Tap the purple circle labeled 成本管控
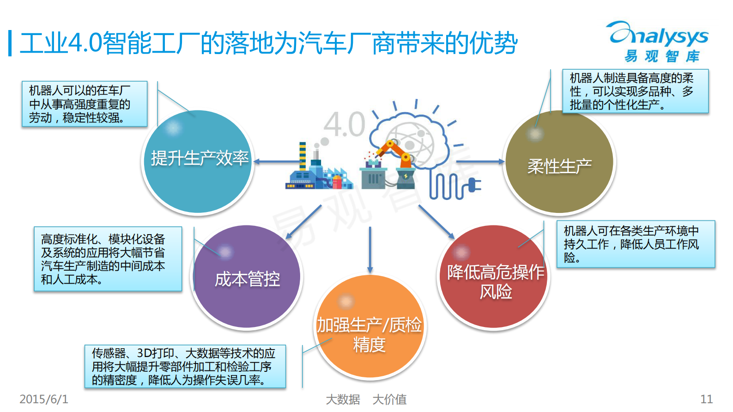[x=247, y=277]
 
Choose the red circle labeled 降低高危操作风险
[x=493, y=277]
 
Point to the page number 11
[x=706, y=399]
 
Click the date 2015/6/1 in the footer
[x=44, y=399]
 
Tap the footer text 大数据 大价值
[x=366, y=399]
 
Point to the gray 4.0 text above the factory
[x=344, y=125]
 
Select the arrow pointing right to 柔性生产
[x=480, y=162]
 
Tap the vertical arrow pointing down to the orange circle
[x=370, y=249]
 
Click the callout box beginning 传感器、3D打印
[x=185, y=366]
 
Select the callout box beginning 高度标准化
[x=108, y=259]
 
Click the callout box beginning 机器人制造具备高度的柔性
[x=635, y=91]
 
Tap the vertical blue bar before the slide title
[x=10, y=43]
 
